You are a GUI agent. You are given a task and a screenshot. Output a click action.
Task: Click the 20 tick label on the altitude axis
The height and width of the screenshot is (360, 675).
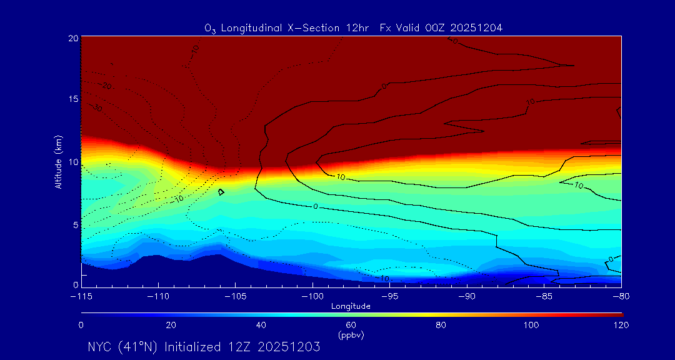pos(72,38)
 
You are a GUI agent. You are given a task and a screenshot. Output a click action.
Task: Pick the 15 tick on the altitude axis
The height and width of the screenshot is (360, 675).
pos(72,100)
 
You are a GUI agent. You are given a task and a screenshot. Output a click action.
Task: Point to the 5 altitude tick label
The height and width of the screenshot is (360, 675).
pos(75,224)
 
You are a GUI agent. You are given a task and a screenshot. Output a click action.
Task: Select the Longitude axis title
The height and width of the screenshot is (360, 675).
pos(351,306)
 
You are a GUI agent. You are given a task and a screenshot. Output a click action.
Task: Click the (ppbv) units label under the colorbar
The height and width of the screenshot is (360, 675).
pos(351,335)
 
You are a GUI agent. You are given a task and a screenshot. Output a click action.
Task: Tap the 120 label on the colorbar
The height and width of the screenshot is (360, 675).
pos(621,325)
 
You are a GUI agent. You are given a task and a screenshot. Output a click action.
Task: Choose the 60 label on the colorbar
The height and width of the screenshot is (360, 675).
pos(351,325)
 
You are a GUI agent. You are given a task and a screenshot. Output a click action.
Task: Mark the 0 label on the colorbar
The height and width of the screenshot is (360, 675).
pos(81,325)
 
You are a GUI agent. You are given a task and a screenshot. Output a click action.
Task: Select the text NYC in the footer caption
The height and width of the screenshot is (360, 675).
pos(100,347)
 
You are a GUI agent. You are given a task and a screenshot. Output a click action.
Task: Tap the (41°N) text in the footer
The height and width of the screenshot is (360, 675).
pos(140,347)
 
